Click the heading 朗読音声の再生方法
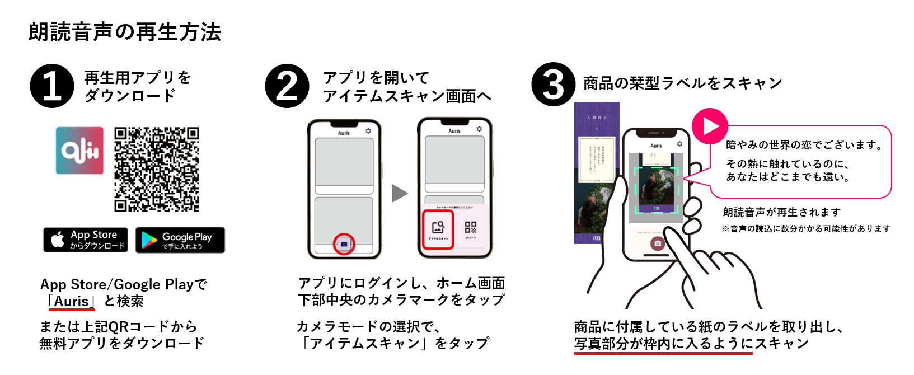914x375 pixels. tap(125, 32)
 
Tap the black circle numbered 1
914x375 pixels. tap(52, 86)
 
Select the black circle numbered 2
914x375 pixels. tap(287, 86)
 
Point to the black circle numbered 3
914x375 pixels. tap(553, 85)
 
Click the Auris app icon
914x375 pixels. tap(79, 151)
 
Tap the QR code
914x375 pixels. tap(157, 169)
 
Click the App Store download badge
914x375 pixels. tap(86, 240)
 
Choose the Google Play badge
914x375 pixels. tap(180, 240)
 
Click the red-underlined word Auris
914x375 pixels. tap(72, 301)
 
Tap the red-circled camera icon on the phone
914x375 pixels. tap(344, 245)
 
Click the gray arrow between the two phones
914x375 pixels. tap(400, 193)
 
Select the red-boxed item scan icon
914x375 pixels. tap(438, 229)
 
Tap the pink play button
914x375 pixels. tap(710, 126)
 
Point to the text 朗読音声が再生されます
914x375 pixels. tap(781, 212)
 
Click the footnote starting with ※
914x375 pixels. tap(806, 228)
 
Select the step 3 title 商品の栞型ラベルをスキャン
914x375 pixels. tap(682, 83)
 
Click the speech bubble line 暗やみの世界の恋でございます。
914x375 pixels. tap(804, 145)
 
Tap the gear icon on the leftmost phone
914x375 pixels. tap(368, 131)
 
